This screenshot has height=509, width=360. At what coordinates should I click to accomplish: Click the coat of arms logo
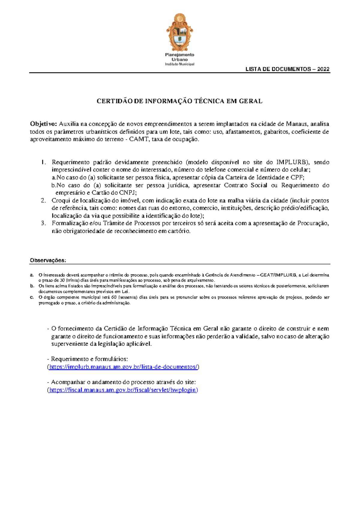click(179, 32)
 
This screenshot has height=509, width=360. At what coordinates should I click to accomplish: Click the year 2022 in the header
click(323, 69)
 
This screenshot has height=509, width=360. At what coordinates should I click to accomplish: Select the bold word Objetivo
click(43, 124)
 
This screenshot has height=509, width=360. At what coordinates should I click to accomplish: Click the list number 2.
click(43, 200)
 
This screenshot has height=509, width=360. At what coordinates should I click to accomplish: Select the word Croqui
click(61, 200)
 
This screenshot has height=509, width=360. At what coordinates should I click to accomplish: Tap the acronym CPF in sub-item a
click(297, 177)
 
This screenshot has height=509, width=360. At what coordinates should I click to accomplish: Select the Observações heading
click(48, 261)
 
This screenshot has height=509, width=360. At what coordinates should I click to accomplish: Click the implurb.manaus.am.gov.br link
click(123, 367)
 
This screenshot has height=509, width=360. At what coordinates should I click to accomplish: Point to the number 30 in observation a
click(62, 280)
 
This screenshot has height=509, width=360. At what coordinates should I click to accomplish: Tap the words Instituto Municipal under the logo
click(179, 64)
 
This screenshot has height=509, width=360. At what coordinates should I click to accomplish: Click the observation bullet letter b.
click(32, 286)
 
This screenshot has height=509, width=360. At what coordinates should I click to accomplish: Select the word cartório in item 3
click(179, 231)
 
